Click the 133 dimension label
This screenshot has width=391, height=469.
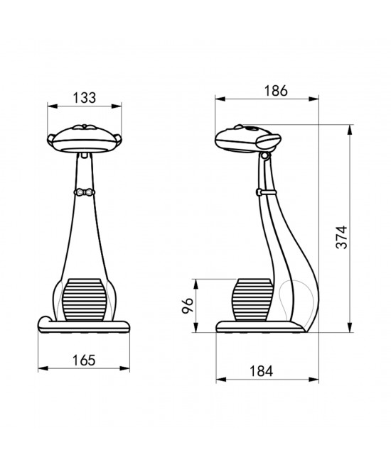[x=85, y=98]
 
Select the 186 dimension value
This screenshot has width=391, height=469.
[x=276, y=91]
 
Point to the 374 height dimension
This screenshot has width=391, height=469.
[x=341, y=237]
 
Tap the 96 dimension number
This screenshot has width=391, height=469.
[x=188, y=305]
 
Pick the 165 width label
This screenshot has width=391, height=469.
[x=84, y=360]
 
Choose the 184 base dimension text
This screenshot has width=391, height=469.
[x=262, y=371]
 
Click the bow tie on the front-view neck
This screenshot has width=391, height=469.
[x=84, y=192]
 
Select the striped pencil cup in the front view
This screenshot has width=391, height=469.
[x=85, y=299]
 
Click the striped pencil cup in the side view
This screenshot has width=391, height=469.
[x=252, y=299]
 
